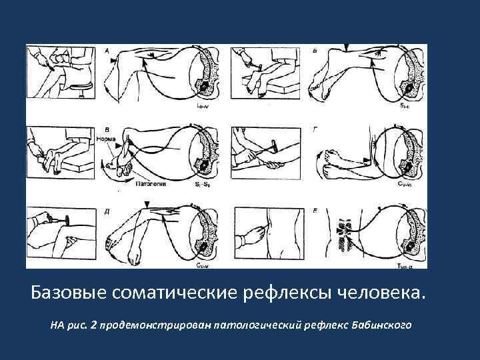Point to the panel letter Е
[x=315, y=211]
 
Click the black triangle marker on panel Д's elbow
[x=148, y=203]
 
